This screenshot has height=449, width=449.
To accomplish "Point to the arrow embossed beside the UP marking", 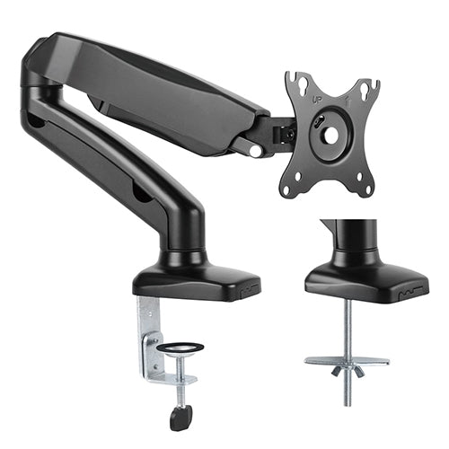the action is pyautogui.click(x=348, y=99).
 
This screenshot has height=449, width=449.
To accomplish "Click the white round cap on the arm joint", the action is pyautogui.click(x=256, y=151).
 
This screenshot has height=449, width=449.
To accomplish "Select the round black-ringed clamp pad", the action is pyautogui.click(x=180, y=348).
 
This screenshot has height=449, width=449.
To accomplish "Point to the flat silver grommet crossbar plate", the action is pyautogui.click(x=347, y=361).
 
